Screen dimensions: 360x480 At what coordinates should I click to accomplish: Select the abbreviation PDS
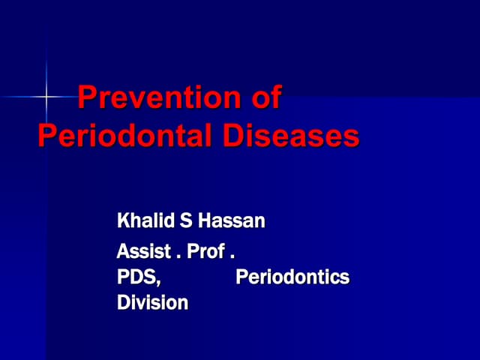point(137,277)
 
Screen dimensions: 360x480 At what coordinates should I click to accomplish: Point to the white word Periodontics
point(292,277)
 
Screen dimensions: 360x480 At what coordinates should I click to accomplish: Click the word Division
point(152,303)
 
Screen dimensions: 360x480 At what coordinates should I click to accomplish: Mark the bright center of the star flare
point(46,97)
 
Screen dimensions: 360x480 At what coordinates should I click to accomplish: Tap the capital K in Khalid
point(123,221)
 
